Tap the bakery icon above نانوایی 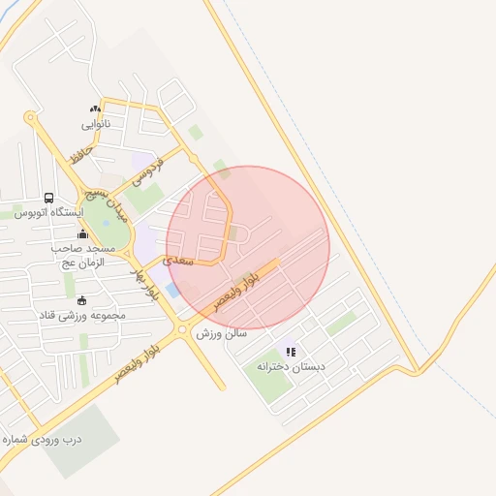95,109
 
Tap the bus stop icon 49,197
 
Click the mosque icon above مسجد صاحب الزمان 81,233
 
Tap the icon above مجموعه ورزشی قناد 80,299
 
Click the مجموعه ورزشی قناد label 81,315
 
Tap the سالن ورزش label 222,333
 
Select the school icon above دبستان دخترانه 291,353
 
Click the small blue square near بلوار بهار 172,290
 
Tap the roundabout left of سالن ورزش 183,331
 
